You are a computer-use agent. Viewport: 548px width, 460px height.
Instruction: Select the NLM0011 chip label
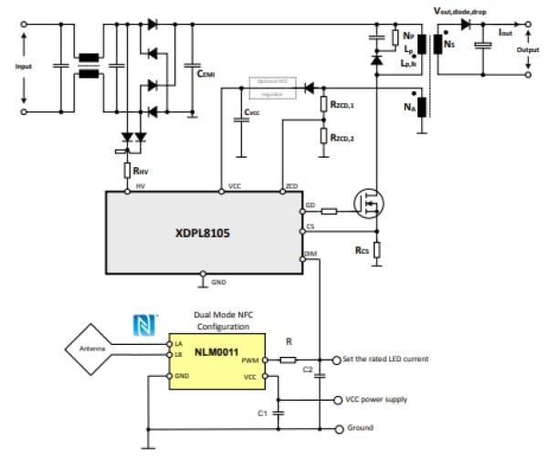coord(216,350)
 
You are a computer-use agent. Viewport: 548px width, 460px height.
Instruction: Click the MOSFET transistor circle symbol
coord(368,206)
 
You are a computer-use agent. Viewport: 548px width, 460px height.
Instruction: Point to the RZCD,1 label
coord(343,107)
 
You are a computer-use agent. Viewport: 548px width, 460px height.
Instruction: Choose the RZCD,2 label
coord(343,138)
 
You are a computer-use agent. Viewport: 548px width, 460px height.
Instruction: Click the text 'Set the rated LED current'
coord(386,359)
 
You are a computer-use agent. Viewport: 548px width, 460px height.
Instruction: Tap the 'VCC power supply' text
coord(376,399)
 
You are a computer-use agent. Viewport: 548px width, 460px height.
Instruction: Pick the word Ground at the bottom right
coord(360,428)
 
